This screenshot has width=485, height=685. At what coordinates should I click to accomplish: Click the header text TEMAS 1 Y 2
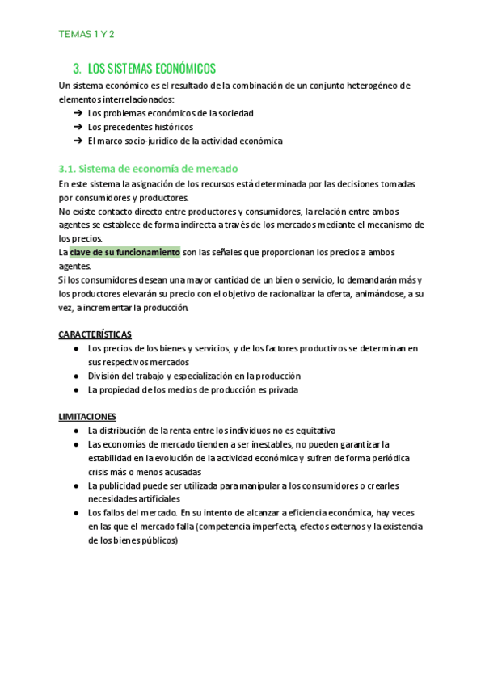click(x=86, y=34)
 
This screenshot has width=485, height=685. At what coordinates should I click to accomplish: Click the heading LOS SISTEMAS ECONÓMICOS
click(x=151, y=69)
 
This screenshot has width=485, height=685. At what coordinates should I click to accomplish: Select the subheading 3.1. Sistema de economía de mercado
click(x=148, y=168)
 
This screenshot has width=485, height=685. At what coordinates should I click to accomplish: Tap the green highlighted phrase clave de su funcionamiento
click(x=125, y=252)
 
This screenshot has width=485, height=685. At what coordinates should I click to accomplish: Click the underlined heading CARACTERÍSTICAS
click(x=95, y=334)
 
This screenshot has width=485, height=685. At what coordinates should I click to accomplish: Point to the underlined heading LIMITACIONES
click(x=87, y=416)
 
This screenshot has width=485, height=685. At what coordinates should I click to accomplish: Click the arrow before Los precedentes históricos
click(x=78, y=127)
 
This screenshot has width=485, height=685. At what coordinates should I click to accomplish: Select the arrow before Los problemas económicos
click(x=78, y=113)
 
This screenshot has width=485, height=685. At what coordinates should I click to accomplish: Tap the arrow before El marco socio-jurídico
click(x=78, y=141)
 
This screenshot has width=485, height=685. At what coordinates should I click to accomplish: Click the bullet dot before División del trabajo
click(x=75, y=376)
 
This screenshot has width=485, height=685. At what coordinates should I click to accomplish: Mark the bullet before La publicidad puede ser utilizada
click(x=75, y=485)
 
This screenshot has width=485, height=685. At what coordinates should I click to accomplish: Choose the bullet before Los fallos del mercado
click(x=75, y=513)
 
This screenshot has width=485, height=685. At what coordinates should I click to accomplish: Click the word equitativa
click(x=312, y=431)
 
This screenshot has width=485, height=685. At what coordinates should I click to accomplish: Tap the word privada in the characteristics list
click(x=282, y=389)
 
